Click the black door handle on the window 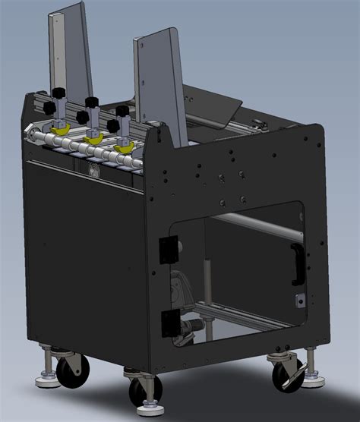pyautogui.click(x=298, y=265)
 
